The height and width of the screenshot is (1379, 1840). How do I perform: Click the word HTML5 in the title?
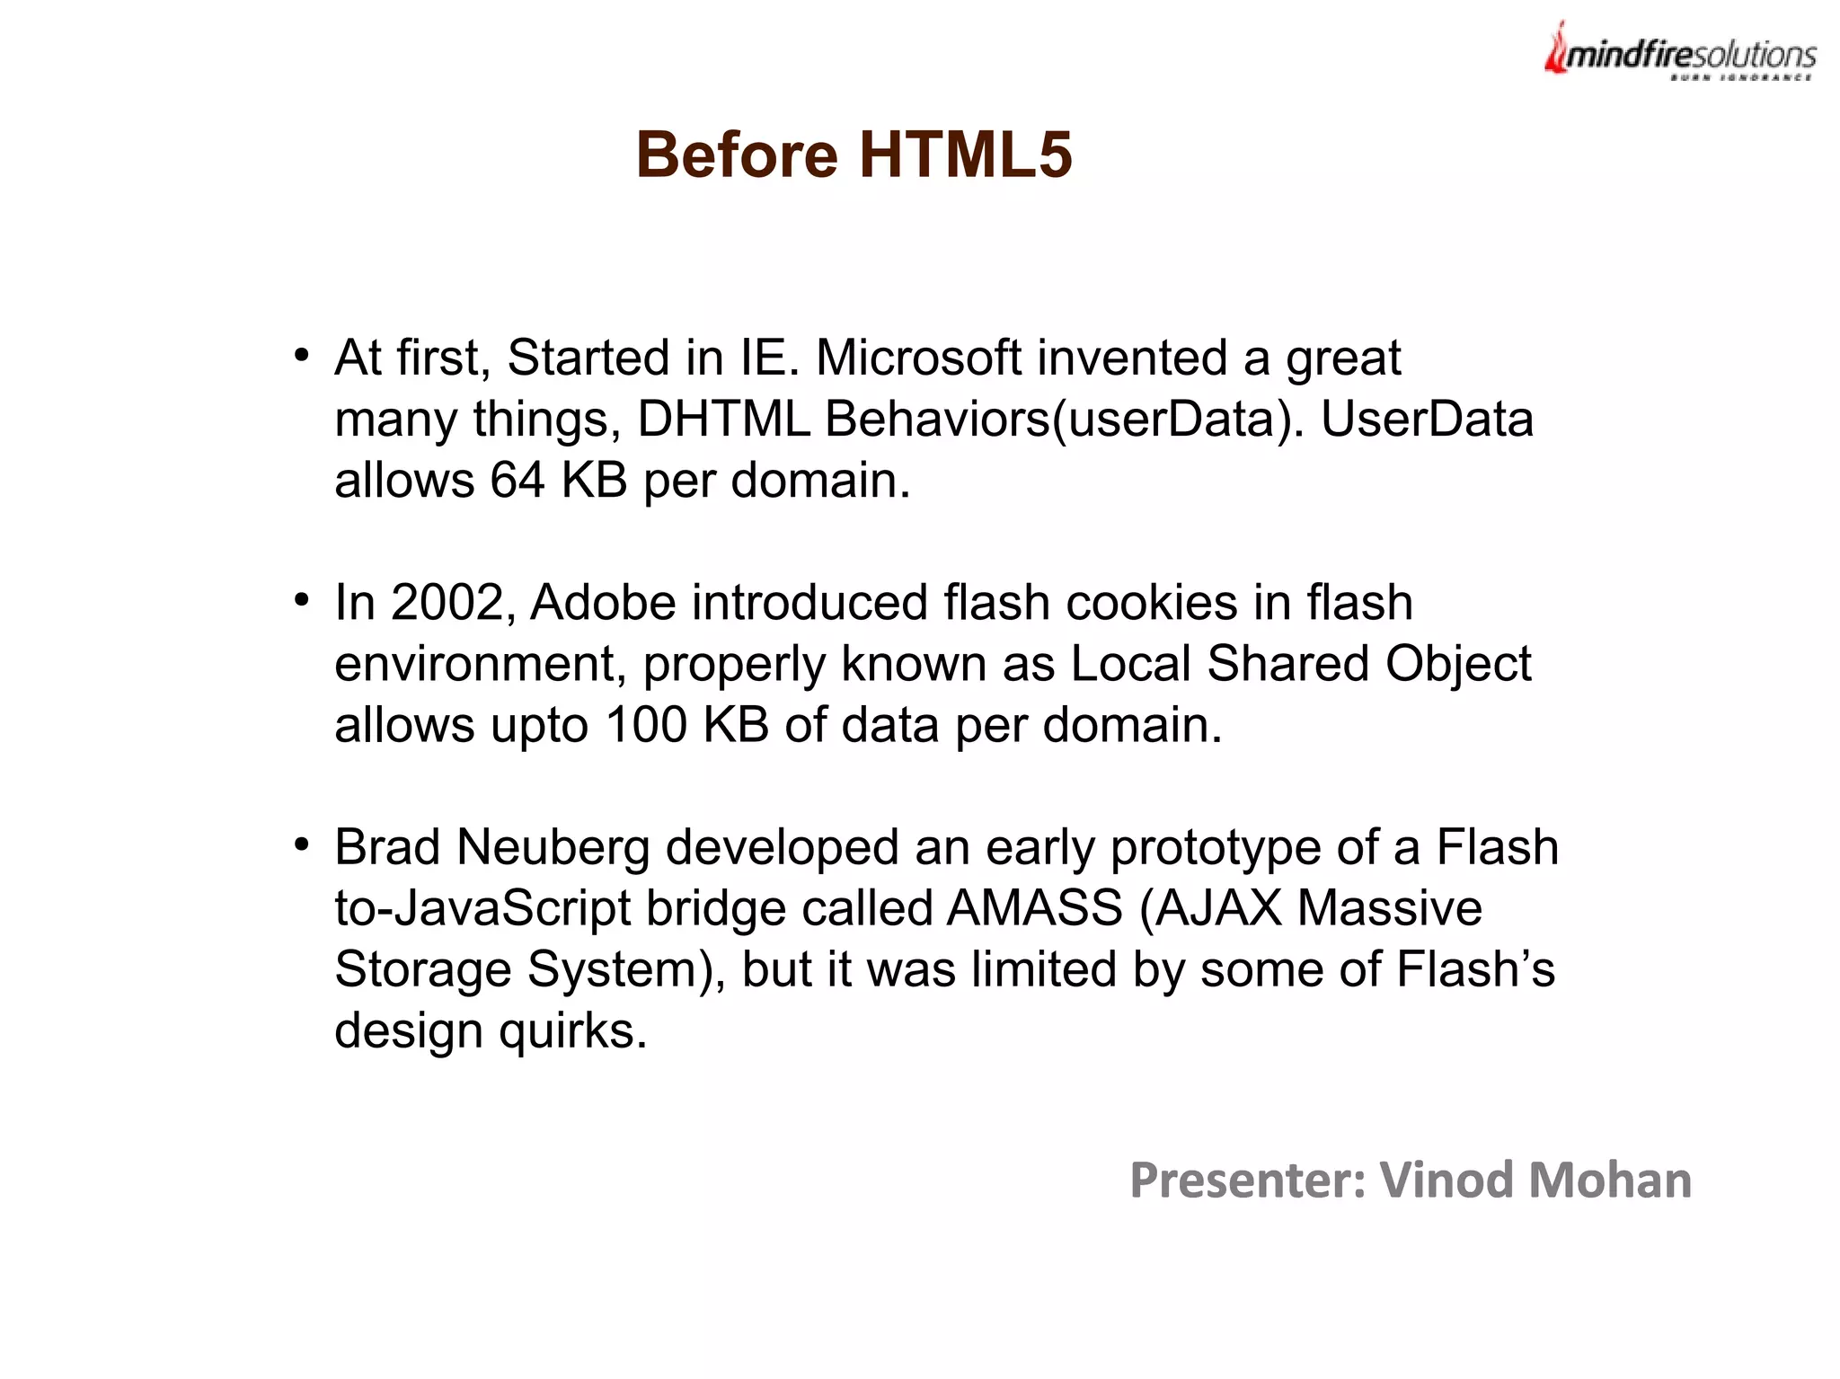(x=965, y=155)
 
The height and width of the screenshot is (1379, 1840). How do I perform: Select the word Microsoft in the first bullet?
(x=918, y=358)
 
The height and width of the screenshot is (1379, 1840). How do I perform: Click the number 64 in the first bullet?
(x=517, y=480)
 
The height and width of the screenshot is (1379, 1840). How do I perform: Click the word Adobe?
(x=602, y=602)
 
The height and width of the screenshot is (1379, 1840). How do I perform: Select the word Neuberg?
(x=553, y=847)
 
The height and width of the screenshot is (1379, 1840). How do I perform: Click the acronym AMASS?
(x=1034, y=908)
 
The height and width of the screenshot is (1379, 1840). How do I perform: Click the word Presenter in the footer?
(x=1247, y=1180)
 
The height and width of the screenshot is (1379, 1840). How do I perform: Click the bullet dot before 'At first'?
(x=302, y=354)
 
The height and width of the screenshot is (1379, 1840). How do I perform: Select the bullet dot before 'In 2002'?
(x=302, y=599)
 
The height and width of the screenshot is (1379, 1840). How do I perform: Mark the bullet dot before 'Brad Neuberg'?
(x=302, y=844)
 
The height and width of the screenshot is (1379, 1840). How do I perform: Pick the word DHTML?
(x=723, y=419)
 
